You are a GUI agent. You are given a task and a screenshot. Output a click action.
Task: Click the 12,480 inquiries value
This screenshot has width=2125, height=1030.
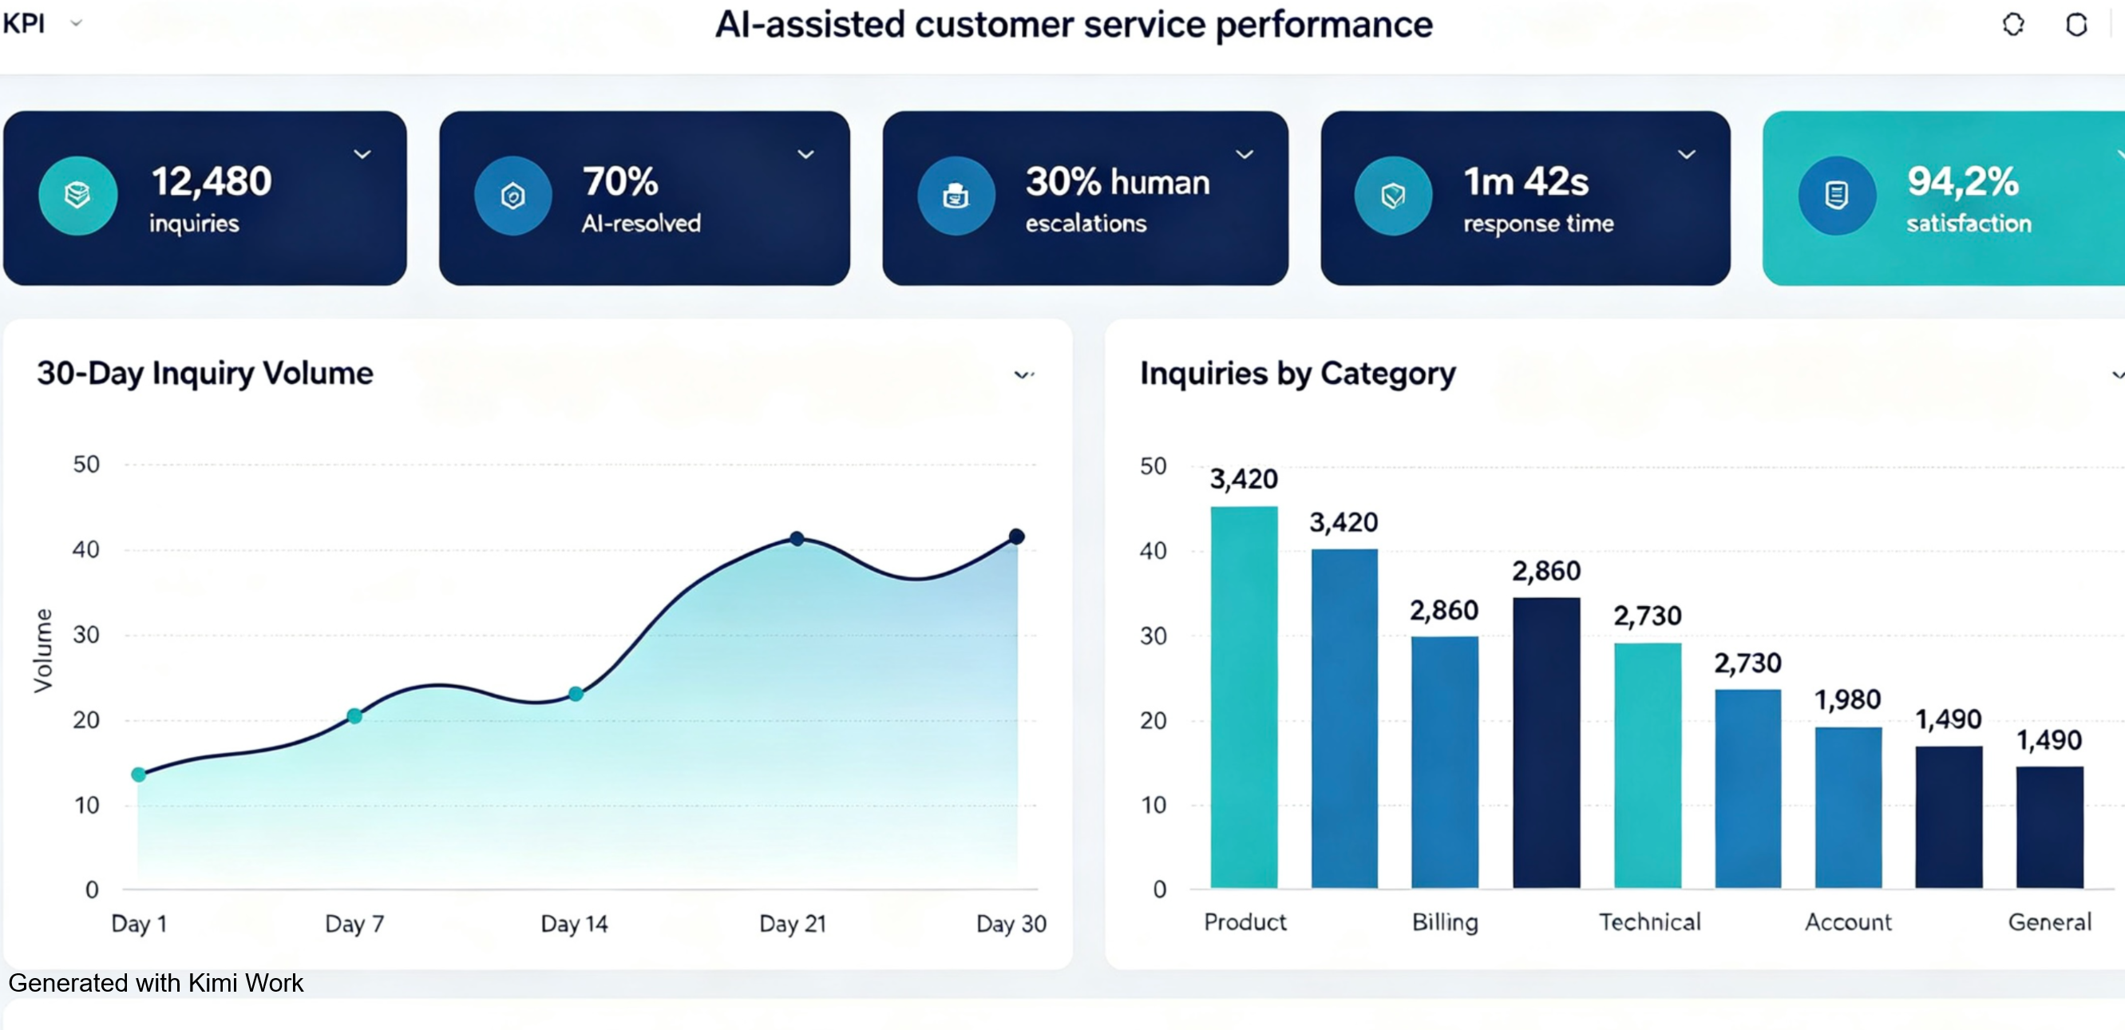click(212, 180)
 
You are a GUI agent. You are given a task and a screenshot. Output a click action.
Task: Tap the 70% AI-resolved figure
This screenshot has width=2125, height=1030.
click(620, 180)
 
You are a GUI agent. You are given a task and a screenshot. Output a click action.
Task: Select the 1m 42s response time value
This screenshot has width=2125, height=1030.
click(1525, 180)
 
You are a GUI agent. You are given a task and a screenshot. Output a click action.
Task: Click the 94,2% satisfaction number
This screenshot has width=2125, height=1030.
click(1962, 180)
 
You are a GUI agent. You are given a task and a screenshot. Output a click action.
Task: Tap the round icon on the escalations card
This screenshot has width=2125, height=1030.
click(956, 196)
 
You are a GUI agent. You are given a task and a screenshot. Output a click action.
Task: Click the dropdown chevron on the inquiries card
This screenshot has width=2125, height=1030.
click(362, 154)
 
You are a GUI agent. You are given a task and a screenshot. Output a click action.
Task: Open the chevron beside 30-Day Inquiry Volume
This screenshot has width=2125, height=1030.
click(1023, 375)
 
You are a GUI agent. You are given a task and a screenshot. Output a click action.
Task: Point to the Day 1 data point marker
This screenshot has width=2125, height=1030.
click(139, 774)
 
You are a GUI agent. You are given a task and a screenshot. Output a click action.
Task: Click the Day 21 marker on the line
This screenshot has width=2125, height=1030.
click(796, 538)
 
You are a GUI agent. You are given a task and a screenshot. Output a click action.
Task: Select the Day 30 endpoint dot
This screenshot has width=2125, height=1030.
click(1016, 537)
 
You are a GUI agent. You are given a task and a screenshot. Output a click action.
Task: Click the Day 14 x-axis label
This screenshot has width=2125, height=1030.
click(574, 924)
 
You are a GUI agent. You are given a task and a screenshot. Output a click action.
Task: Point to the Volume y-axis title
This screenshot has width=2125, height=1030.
click(43, 651)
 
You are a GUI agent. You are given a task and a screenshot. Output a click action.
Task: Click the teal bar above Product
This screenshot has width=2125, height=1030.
click(1244, 696)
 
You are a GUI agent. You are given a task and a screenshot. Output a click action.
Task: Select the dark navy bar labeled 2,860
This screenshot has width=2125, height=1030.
click(1546, 743)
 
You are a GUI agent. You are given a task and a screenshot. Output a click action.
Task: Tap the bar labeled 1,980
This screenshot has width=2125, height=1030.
click(1848, 807)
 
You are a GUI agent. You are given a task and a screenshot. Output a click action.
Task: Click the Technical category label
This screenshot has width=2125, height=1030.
click(1650, 922)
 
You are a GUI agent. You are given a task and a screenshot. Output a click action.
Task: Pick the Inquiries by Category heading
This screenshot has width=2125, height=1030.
click(1298, 374)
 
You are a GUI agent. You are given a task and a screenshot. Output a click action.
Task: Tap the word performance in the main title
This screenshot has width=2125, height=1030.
click(1324, 25)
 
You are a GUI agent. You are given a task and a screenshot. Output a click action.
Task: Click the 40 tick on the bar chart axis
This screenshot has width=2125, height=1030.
click(1154, 550)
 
